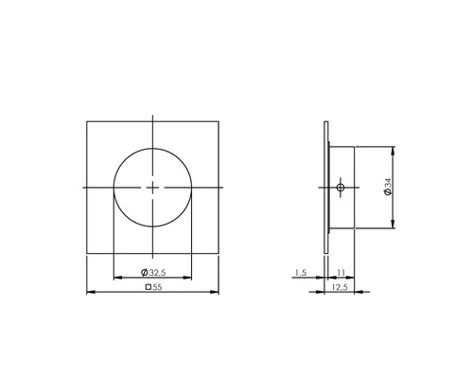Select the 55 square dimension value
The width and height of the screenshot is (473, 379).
coord(156,286)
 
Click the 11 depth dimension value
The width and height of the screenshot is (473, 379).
coord(339,272)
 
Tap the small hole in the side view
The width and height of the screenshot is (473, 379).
coord(342,188)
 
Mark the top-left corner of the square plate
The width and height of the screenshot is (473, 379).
coord(86,121)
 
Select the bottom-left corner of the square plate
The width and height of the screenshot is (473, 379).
coord(86,253)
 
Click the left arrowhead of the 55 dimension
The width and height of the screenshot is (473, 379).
coord(89,292)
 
